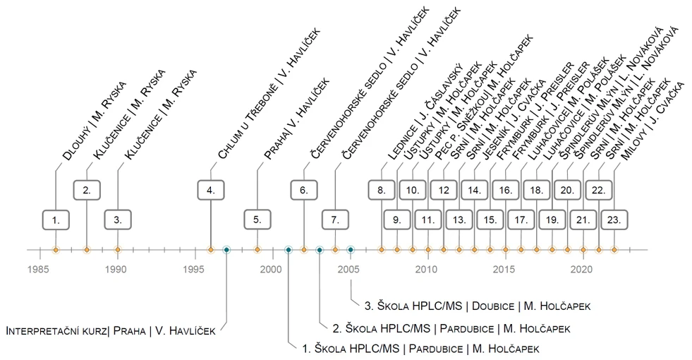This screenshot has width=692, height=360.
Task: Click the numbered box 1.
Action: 56,220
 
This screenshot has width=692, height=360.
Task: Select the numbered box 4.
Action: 210,189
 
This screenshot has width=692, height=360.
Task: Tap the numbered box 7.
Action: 334,220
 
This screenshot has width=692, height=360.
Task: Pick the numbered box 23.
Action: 614,220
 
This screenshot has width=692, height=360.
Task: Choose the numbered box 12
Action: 444,189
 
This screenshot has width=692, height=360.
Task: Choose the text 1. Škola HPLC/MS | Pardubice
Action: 420,349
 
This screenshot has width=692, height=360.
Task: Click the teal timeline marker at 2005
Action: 350,249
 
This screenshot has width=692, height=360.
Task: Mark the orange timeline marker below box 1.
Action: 56,249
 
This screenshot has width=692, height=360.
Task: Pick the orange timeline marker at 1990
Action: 117,249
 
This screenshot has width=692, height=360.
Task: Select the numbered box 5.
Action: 257,220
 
